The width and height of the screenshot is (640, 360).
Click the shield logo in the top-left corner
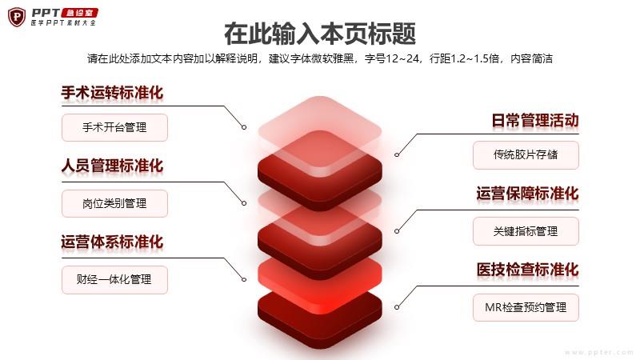click(17, 17)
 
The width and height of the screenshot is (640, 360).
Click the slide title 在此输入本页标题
click(320, 34)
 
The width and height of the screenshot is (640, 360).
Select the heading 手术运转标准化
click(112, 93)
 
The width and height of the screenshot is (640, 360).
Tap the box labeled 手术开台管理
click(114, 128)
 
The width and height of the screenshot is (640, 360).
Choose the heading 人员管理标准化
click(112, 166)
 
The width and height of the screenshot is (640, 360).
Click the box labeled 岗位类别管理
click(114, 203)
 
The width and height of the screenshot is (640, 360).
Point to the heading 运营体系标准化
click(112, 242)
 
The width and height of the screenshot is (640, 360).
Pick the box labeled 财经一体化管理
click(114, 279)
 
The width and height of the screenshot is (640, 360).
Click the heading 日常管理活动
click(535, 121)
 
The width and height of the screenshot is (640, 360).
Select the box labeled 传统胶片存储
click(526, 155)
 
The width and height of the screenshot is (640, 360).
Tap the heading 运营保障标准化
click(527, 194)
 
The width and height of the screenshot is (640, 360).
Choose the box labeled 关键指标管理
click(526, 231)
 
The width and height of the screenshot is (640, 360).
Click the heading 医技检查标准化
click(527, 270)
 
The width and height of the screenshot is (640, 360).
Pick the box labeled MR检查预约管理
click(526, 307)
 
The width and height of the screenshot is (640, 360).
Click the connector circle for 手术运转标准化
click(244, 127)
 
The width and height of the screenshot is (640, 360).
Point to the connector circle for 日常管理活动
click(397, 154)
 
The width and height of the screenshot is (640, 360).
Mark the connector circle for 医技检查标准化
click(397, 307)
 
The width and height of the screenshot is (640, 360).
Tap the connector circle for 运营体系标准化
click(244, 279)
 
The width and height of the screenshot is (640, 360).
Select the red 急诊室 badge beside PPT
click(79, 13)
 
